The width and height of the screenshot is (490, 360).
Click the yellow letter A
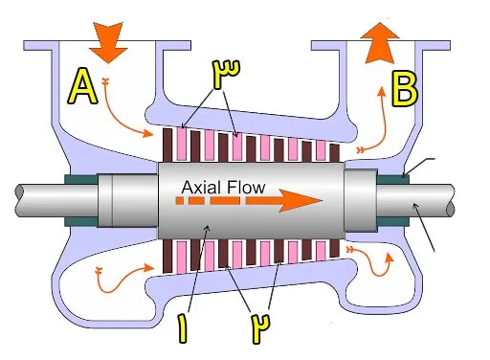[82, 87]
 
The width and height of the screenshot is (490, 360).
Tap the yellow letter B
[405, 89]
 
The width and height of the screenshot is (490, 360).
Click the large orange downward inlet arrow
[108, 42]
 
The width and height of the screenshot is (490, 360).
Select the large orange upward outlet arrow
[380, 43]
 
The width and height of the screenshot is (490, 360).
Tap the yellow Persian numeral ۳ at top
[227, 73]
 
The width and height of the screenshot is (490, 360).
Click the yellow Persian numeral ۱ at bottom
[183, 328]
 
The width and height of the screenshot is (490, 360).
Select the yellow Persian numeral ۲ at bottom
[260, 327]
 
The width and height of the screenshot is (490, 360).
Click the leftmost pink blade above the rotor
[181, 144]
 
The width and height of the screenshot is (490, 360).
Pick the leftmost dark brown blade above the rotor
[167, 145]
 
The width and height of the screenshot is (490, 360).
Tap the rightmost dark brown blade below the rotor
[335, 248]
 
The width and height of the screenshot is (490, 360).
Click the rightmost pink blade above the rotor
[321, 150]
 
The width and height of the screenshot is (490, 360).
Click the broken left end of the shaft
[19, 200]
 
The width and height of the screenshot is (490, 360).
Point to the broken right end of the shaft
[450, 201]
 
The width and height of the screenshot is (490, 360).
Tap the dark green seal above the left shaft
[80, 179]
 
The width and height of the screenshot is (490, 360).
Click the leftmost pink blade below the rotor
[181, 257]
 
